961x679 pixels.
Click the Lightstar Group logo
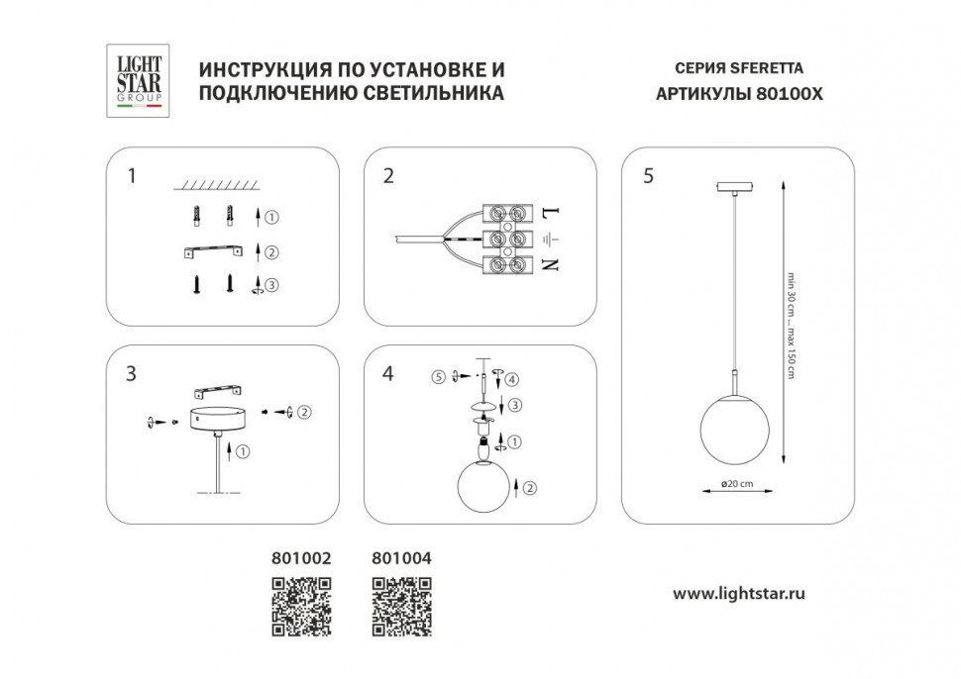(x=140, y=81)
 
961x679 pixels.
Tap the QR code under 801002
(x=300, y=605)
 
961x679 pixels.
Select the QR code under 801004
(x=401, y=605)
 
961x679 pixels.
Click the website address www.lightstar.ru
(x=738, y=594)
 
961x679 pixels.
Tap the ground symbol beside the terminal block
(x=552, y=239)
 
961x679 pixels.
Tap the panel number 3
(x=131, y=374)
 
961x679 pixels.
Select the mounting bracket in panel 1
(x=214, y=252)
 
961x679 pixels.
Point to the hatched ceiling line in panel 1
(x=216, y=185)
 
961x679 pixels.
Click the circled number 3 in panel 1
(x=272, y=285)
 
